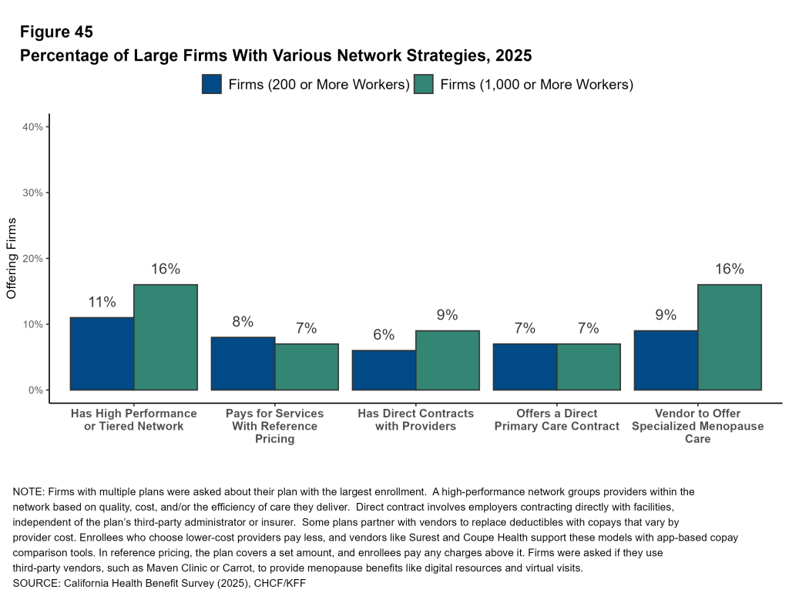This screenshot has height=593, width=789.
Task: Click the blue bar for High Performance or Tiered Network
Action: (x=102, y=353)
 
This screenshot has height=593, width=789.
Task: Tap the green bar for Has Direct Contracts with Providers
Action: (x=447, y=360)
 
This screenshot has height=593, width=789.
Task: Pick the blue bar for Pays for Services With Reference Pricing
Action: (x=243, y=364)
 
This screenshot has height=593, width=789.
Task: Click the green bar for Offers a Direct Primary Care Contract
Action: (x=588, y=367)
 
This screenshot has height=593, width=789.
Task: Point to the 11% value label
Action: (x=102, y=303)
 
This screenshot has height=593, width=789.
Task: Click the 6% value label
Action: (x=384, y=335)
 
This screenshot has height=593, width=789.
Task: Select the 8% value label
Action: (x=243, y=322)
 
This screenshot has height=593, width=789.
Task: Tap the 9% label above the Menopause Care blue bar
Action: (x=666, y=315)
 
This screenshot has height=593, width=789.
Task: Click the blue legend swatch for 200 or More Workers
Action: (x=212, y=84)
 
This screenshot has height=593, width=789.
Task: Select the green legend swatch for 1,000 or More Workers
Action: (x=424, y=84)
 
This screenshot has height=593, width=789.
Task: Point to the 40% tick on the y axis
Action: (x=35, y=126)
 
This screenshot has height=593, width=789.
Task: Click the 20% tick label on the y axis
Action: (x=35, y=258)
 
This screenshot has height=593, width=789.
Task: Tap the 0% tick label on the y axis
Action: (x=36, y=390)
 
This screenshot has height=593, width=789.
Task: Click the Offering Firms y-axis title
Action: (x=12, y=258)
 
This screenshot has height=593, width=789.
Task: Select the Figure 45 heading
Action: (x=56, y=32)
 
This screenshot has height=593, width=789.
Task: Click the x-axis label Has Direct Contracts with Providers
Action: (x=415, y=420)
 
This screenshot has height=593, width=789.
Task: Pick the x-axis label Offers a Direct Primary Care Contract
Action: (x=557, y=420)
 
